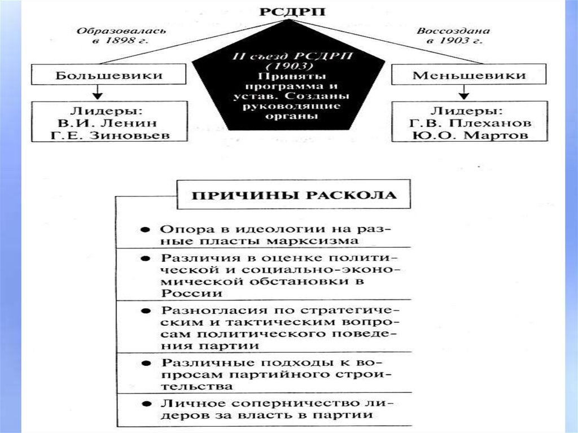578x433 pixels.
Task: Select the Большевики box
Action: pyautogui.click(x=109, y=75)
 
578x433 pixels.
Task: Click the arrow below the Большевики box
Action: pyautogui.click(x=98, y=92)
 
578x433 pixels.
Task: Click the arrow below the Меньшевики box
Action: pyautogui.click(x=464, y=92)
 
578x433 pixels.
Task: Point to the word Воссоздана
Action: pyautogui.click(x=453, y=30)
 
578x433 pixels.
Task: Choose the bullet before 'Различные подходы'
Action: pyautogui.click(x=146, y=362)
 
